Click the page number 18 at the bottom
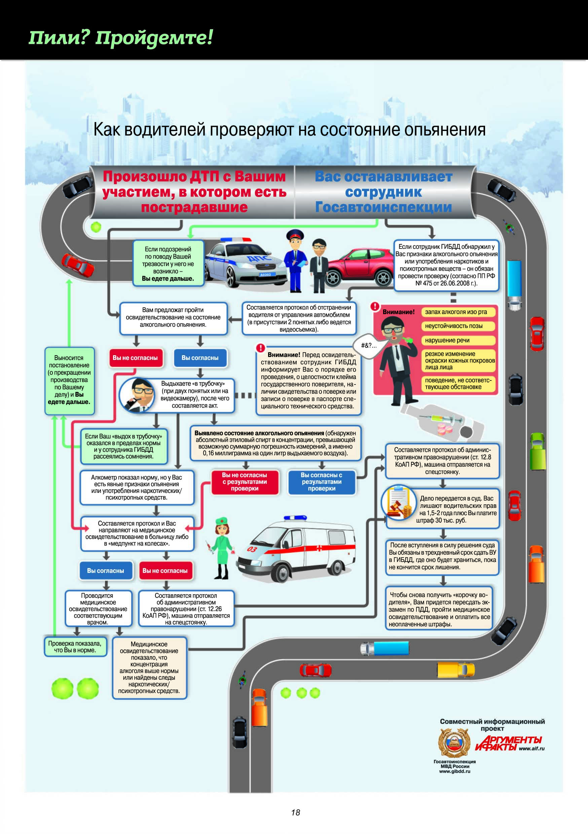(295, 812)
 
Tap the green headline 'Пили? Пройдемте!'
(120, 38)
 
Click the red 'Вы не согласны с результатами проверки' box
(245, 482)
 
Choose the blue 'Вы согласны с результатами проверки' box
(322, 482)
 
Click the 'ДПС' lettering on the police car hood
(259, 259)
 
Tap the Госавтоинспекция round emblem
(454, 743)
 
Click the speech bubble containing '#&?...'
(368, 345)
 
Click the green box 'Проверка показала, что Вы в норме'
(75, 646)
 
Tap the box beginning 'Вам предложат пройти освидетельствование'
(173, 318)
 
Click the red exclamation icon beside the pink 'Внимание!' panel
(375, 306)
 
